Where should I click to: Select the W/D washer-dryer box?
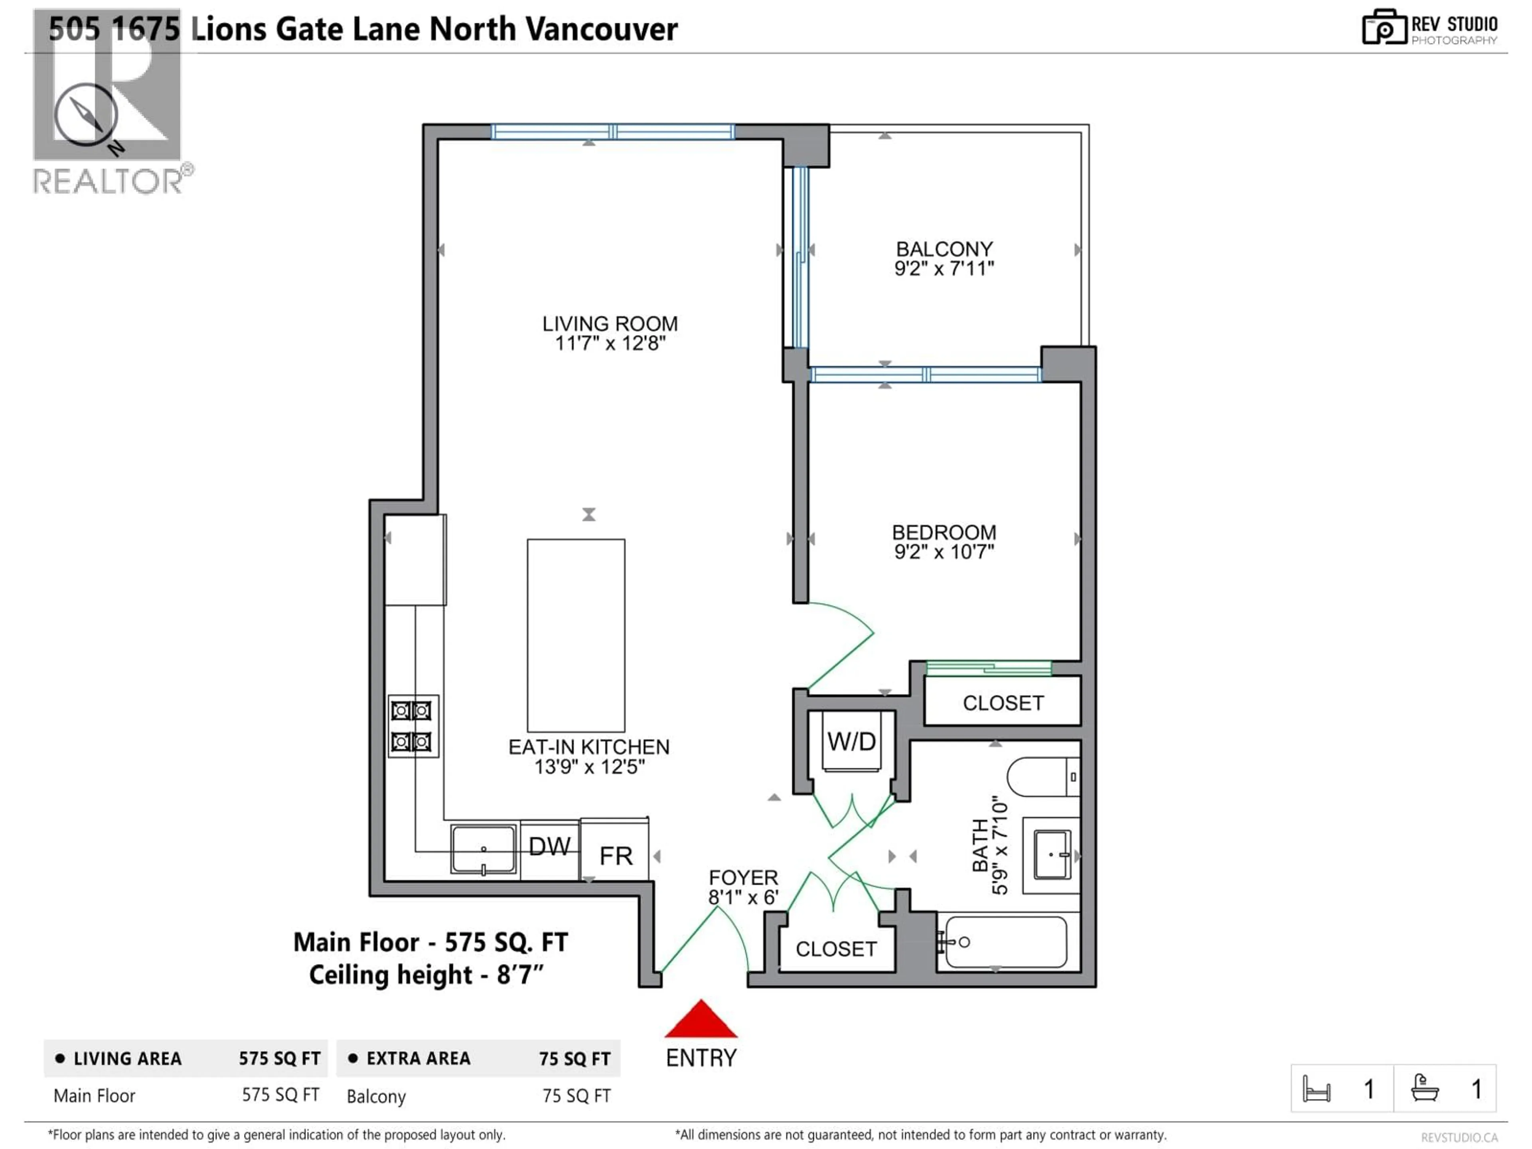[x=851, y=742]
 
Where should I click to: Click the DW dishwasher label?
[x=549, y=846]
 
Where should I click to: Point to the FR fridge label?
[x=616, y=856]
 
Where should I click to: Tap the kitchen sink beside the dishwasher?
[x=484, y=849]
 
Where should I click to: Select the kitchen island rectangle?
[x=576, y=635]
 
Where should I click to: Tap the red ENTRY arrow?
[x=701, y=1019]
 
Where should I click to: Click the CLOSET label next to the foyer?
[x=836, y=949]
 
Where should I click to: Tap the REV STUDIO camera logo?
[x=1384, y=28]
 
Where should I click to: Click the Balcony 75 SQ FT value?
[x=576, y=1096]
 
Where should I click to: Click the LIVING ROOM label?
[x=610, y=324]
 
